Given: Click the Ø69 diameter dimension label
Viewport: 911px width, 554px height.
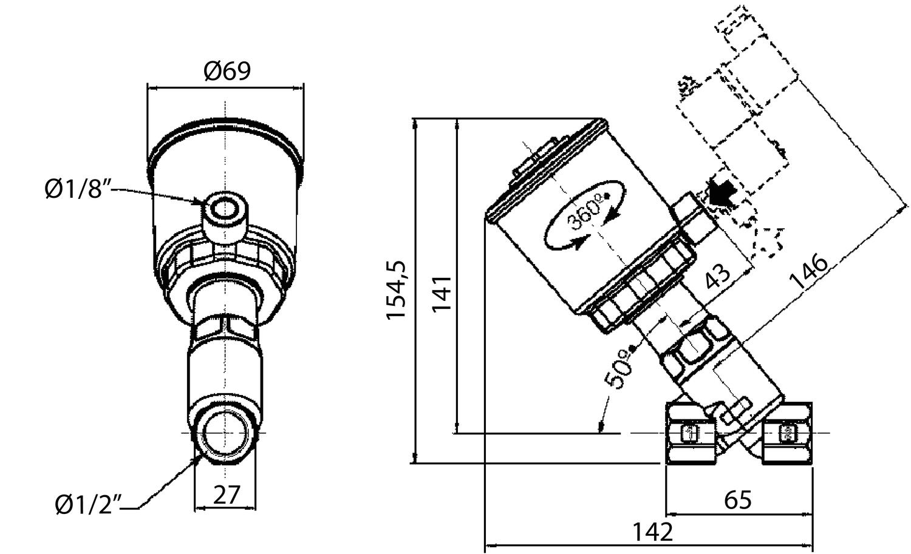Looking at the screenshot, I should [227, 71].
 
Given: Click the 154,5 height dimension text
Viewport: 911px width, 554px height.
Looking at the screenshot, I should [398, 290].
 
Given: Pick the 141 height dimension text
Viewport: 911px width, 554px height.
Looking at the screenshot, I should [442, 293].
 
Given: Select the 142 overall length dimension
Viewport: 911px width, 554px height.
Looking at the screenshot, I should [653, 532].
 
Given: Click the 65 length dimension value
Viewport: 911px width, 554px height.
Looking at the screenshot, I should [738, 500].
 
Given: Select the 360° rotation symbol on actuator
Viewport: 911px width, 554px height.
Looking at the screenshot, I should [585, 214].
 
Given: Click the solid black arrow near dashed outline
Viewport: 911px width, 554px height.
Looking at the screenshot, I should [721, 193].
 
